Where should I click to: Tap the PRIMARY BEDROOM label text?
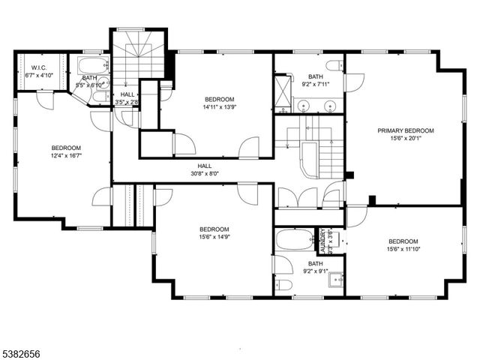point(405,130)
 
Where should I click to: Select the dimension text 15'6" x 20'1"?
point(405,139)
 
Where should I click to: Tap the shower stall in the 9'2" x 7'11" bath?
point(282,91)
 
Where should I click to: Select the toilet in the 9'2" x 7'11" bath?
point(334,65)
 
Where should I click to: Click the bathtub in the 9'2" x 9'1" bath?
point(293,240)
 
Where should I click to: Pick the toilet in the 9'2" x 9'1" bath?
point(283,284)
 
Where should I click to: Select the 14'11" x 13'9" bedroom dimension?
point(220,108)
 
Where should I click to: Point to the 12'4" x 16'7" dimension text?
point(66,156)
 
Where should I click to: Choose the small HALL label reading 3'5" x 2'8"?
point(128,98)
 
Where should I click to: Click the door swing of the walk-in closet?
point(46,100)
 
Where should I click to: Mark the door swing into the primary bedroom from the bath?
point(354,81)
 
